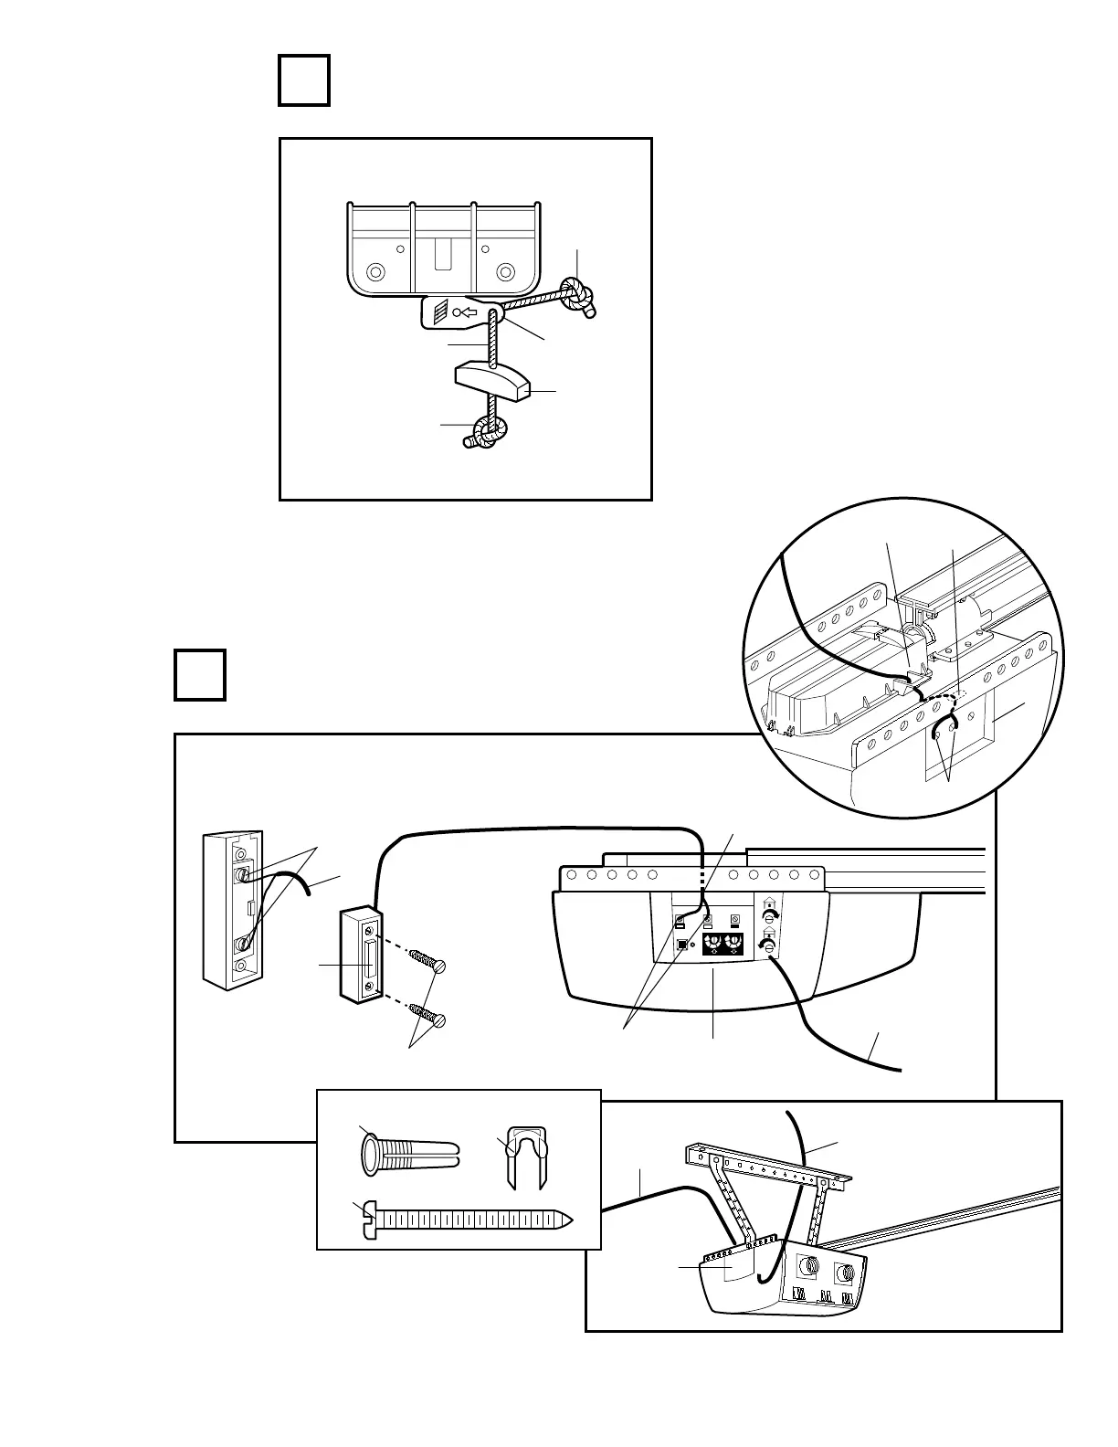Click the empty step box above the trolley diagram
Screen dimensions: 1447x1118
pyautogui.click(x=304, y=81)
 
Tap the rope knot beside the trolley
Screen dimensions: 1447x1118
pyautogui.click(x=577, y=293)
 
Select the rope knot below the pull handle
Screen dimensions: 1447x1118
pyautogui.click(x=487, y=432)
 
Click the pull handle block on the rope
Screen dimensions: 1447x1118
pyautogui.click(x=491, y=381)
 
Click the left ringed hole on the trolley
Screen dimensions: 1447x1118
pyautogui.click(x=374, y=272)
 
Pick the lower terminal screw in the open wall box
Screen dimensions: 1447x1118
pyautogui.click(x=240, y=943)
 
